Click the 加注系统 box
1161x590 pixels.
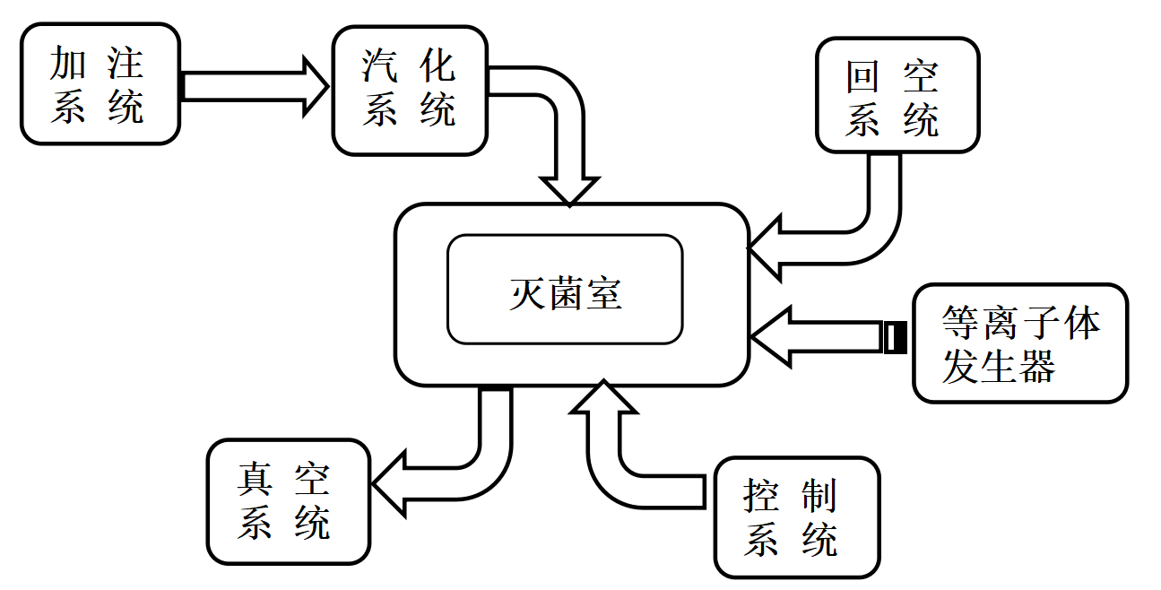click(100, 84)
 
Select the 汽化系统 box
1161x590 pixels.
click(410, 90)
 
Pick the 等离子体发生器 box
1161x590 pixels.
click(1020, 343)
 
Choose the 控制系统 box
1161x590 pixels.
click(797, 517)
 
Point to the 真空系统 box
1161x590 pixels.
click(288, 501)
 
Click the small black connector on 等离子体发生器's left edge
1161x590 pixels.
click(894, 337)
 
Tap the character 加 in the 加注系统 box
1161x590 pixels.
click(68, 64)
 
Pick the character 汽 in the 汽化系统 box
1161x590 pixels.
click(379, 67)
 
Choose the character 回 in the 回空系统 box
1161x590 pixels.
click(862, 78)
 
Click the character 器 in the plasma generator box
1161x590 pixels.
click(1038, 366)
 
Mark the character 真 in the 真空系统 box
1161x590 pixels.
click(255, 480)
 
